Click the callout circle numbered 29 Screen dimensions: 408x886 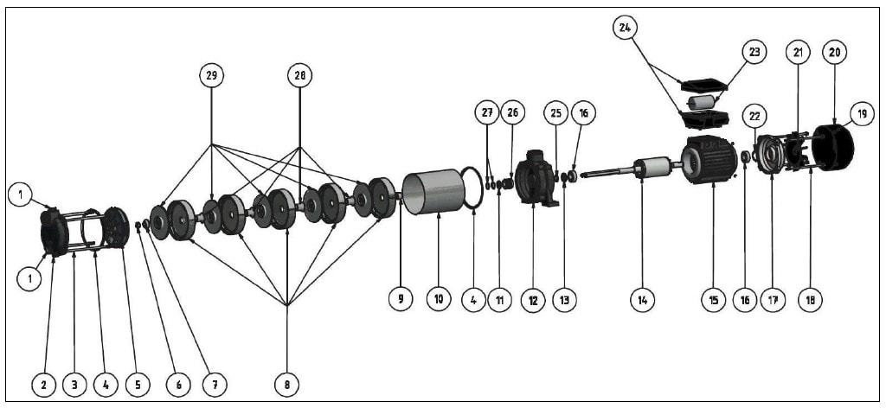(x=211, y=75)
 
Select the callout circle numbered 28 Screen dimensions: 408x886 (x=299, y=75)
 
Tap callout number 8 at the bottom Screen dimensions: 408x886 (x=286, y=381)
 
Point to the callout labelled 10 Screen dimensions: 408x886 (x=438, y=300)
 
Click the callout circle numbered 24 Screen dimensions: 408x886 (x=626, y=28)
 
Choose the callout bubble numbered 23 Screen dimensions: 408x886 (x=754, y=51)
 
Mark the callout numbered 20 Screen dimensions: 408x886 (x=834, y=51)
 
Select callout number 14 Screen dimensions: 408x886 (x=642, y=300)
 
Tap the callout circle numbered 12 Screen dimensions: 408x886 (x=533, y=300)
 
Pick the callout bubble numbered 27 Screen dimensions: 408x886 (x=487, y=113)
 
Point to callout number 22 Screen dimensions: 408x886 (x=754, y=116)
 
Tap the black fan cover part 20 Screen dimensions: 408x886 (x=833, y=147)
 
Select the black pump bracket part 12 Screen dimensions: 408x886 (x=534, y=178)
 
